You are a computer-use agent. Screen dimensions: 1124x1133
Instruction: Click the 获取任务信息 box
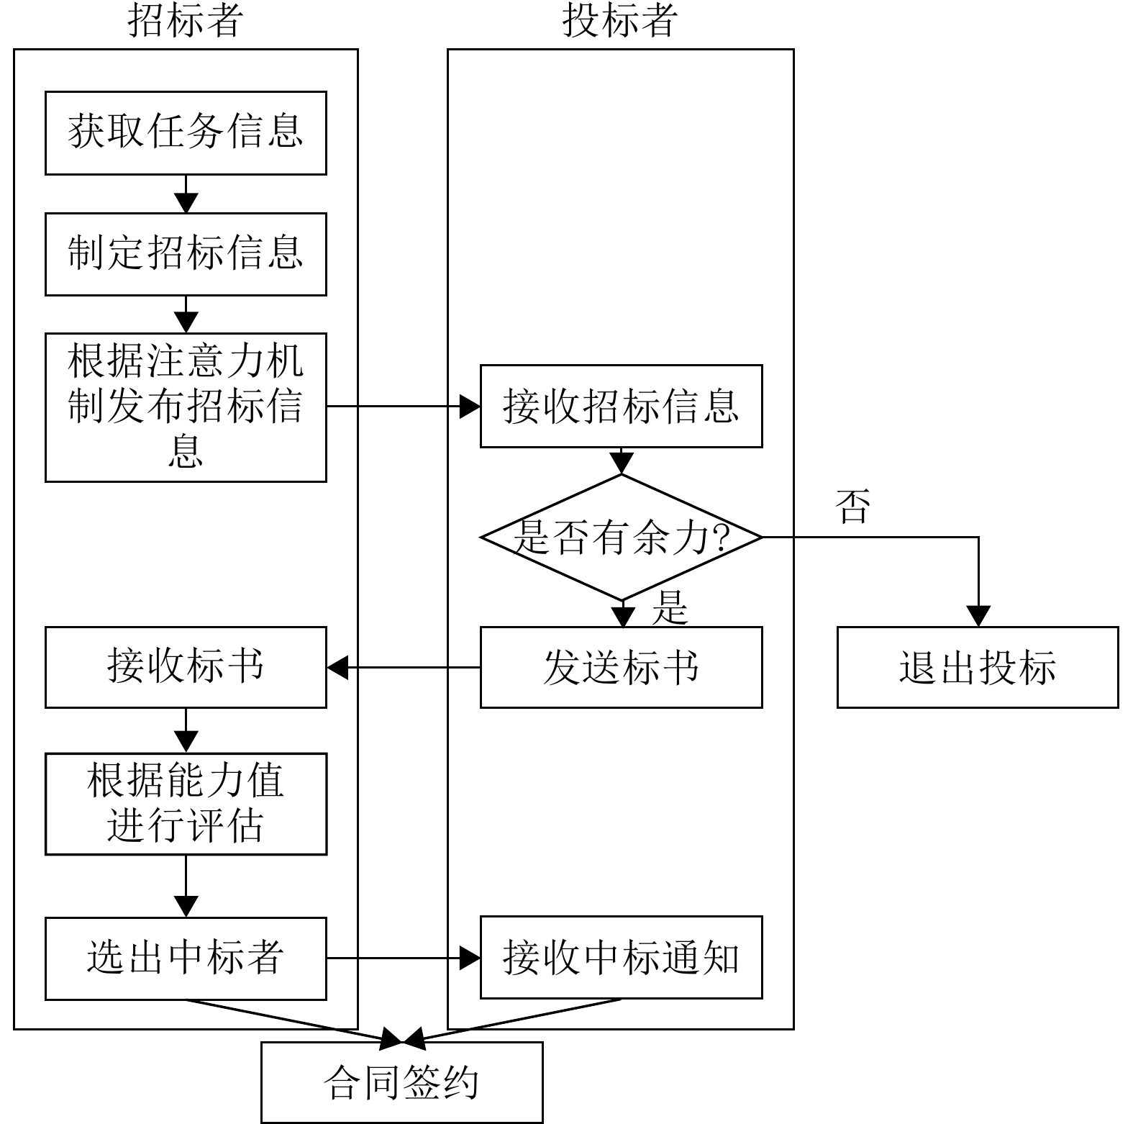click(186, 133)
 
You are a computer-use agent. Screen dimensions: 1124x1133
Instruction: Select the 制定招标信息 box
click(186, 254)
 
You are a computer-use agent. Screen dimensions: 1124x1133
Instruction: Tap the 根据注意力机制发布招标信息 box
click(186, 407)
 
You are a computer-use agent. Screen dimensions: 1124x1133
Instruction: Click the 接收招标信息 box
click(621, 407)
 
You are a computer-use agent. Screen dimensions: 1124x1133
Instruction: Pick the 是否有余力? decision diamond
click(621, 538)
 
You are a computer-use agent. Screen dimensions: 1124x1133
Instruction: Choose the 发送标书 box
click(621, 668)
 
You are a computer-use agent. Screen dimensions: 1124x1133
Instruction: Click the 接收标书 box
click(186, 668)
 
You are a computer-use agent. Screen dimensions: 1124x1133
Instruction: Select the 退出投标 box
click(978, 668)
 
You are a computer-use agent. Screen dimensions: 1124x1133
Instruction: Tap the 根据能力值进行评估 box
click(186, 804)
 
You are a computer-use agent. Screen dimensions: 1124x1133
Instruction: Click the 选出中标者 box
click(186, 958)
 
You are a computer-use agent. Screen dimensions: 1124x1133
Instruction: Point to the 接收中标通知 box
click(621, 958)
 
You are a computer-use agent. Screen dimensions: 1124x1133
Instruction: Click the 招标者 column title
click(186, 21)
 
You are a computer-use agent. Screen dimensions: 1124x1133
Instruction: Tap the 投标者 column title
click(620, 21)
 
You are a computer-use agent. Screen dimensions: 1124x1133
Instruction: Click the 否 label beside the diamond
click(853, 507)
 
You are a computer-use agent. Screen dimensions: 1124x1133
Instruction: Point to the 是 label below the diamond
click(670, 608)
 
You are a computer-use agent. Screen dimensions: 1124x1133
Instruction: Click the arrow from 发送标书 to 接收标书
click(404, 668)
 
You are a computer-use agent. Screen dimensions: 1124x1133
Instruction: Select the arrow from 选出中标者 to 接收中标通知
click(404, 958)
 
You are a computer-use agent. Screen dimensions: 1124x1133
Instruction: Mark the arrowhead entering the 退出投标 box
click(978, 617)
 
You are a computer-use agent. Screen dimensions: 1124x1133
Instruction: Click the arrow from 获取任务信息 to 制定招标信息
click(186, 194)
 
